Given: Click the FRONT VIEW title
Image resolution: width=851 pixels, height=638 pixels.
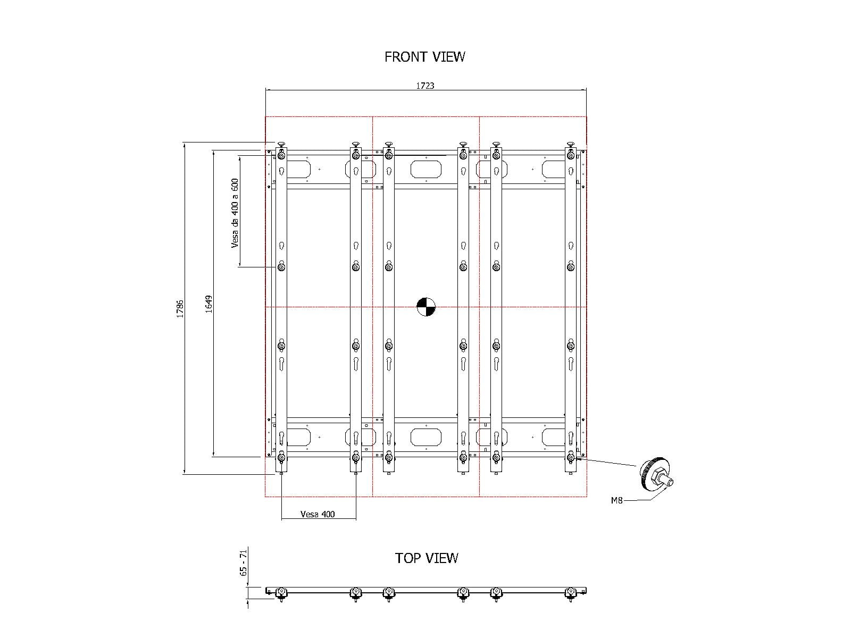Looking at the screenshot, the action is pos(424,57).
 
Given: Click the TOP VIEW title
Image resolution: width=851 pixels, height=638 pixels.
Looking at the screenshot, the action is pos(427,558).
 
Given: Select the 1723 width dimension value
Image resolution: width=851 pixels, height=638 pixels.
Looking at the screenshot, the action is pos(425,86).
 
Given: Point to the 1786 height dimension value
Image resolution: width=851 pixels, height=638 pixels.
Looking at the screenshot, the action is pos(180,309).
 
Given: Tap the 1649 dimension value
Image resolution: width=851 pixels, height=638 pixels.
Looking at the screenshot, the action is pos(208,304).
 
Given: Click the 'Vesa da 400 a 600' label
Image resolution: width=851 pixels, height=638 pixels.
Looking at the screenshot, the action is pos(235,213).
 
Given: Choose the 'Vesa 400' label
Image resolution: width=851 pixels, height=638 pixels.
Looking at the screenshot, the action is pos(318,514).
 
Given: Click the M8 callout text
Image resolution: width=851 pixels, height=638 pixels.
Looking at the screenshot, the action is pos(616,500).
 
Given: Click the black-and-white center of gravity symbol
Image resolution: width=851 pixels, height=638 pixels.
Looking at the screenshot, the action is pos(425,307).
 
